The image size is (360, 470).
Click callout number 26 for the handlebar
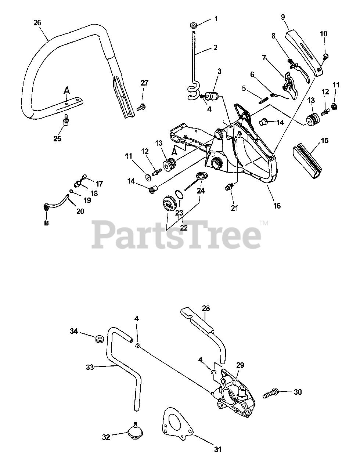pyautogui.click(x=37, y=23)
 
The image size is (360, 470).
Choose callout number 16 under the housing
pyautogui.click(x=277, y=206)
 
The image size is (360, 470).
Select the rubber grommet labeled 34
pyautogui.click(x=98, y=338)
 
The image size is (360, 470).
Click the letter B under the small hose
pyautogui.click(x=46, y=223)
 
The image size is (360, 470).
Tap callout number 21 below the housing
pyautogui.click(x=234, y=208)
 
